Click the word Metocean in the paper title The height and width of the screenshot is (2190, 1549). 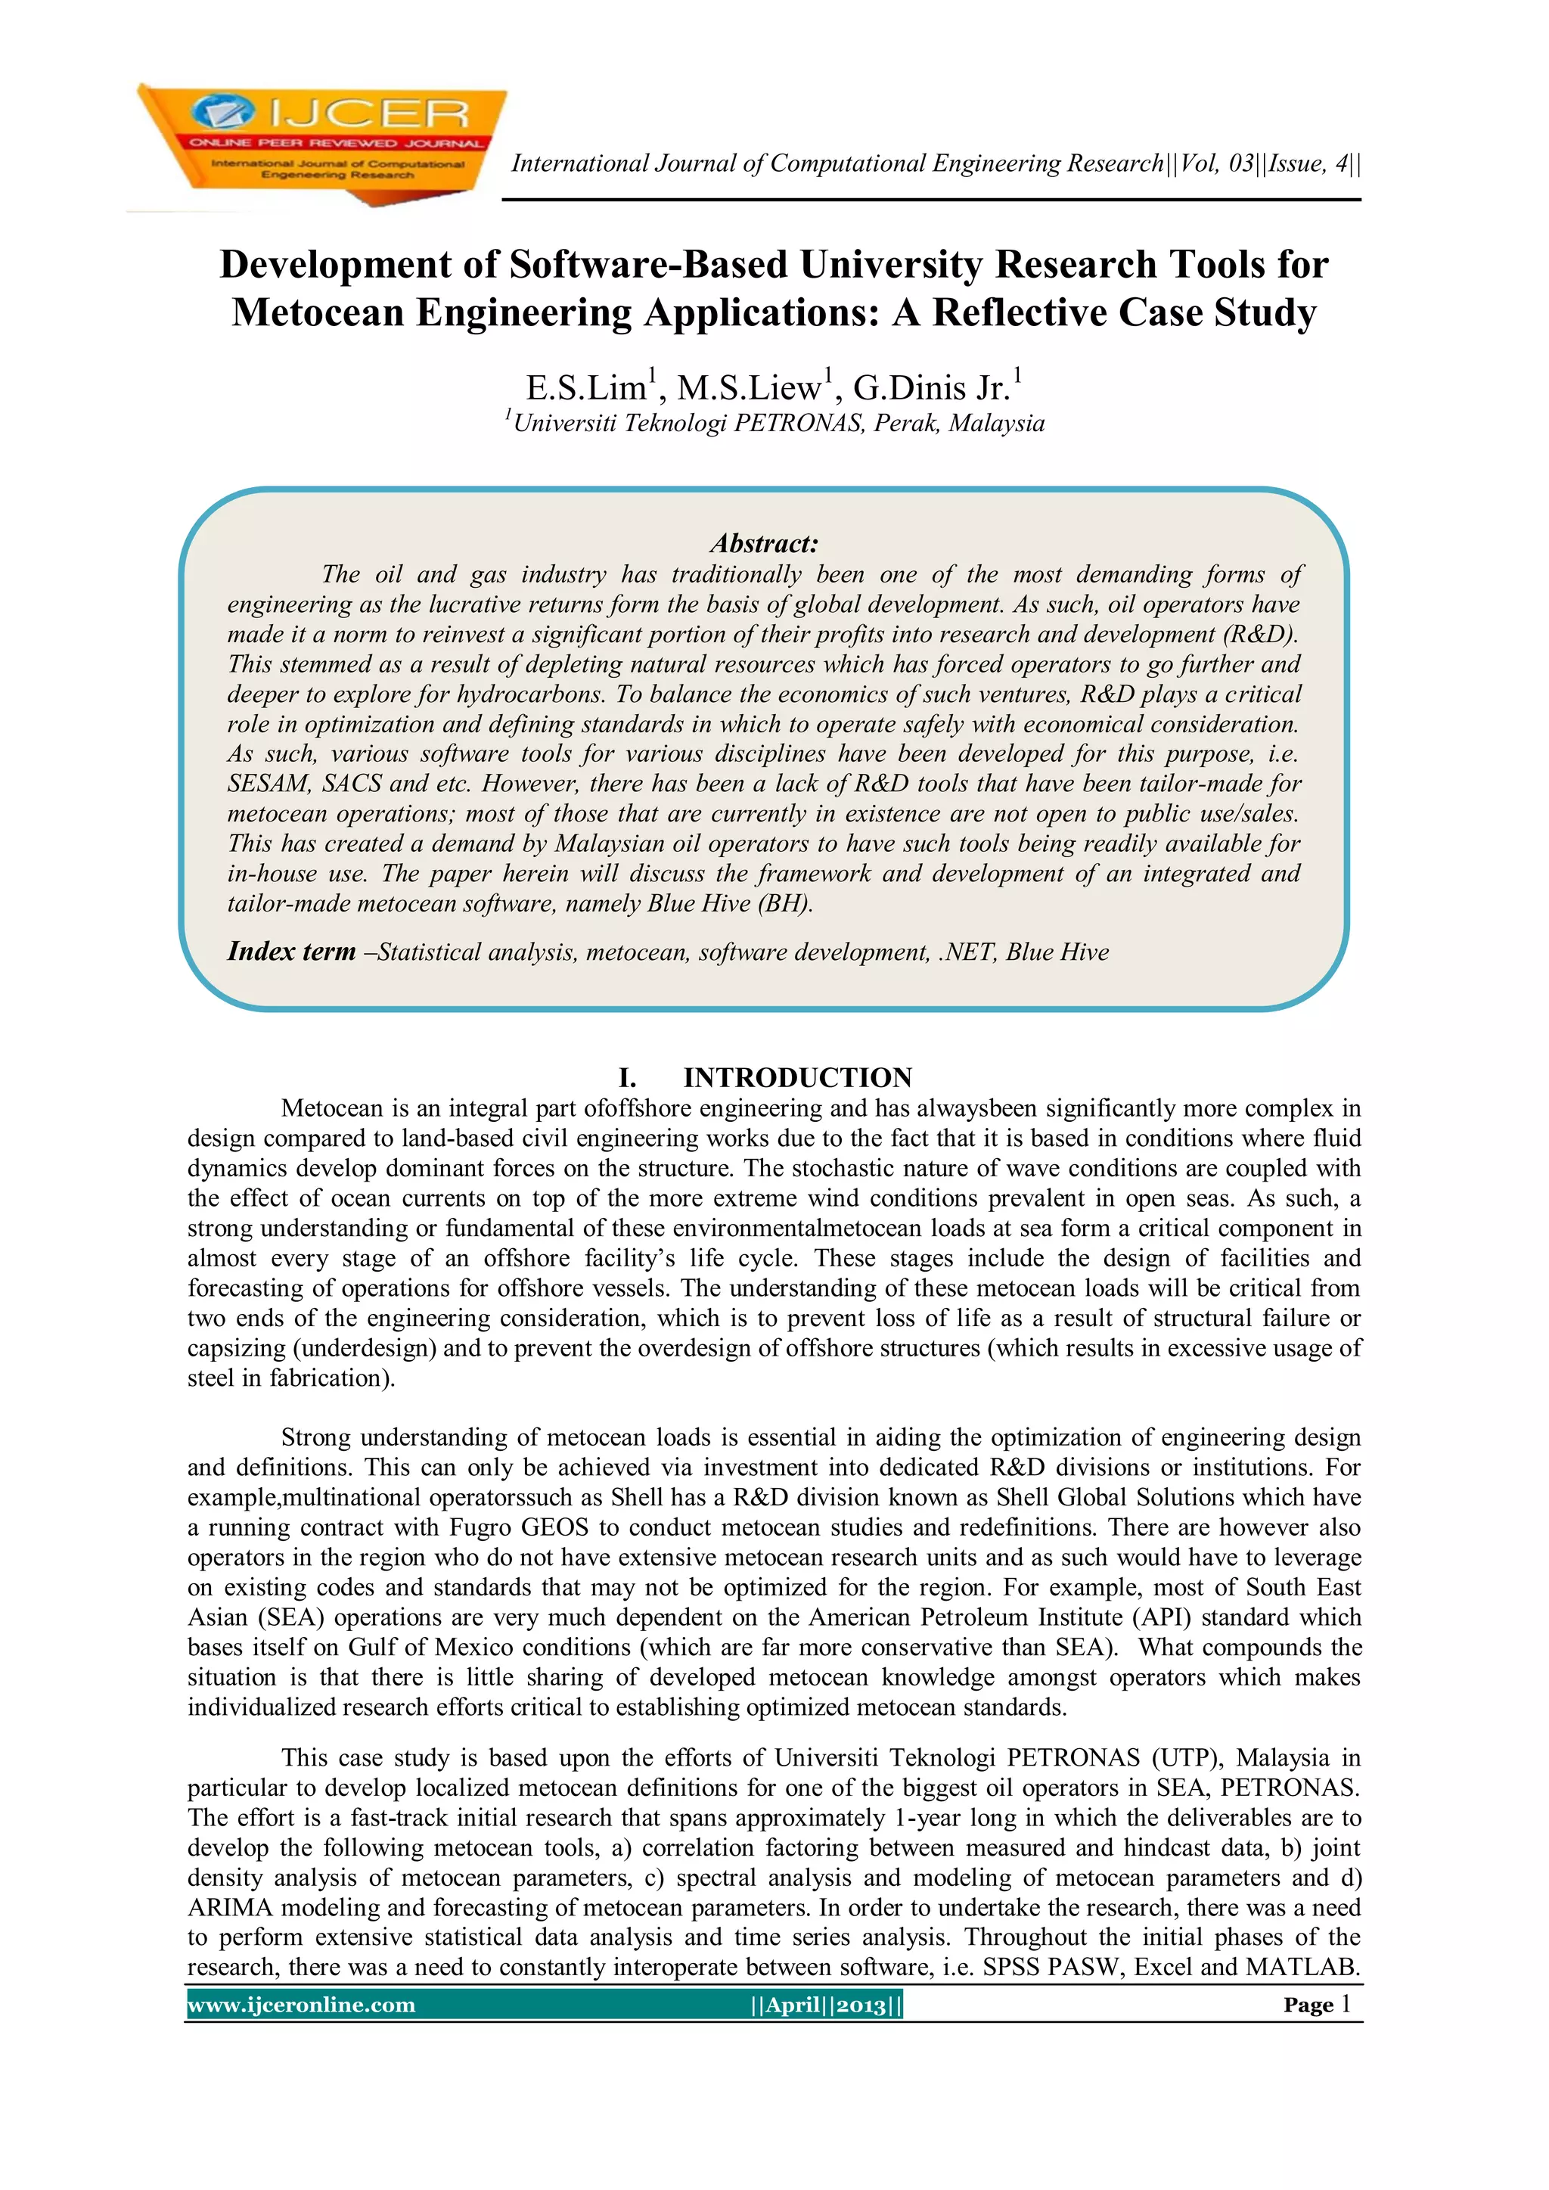(x=318, y=313)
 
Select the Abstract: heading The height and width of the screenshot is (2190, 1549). (x=764, y=544)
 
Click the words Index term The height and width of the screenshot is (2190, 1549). (x=291, y=952)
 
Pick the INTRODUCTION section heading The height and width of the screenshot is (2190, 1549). (x=797, y=1078)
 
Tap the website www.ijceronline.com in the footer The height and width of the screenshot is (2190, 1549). (x=302, y=2005)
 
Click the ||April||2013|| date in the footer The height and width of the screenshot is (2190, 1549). (x=826, y=2005)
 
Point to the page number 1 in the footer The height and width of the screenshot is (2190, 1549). (x=1346, y=2004)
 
